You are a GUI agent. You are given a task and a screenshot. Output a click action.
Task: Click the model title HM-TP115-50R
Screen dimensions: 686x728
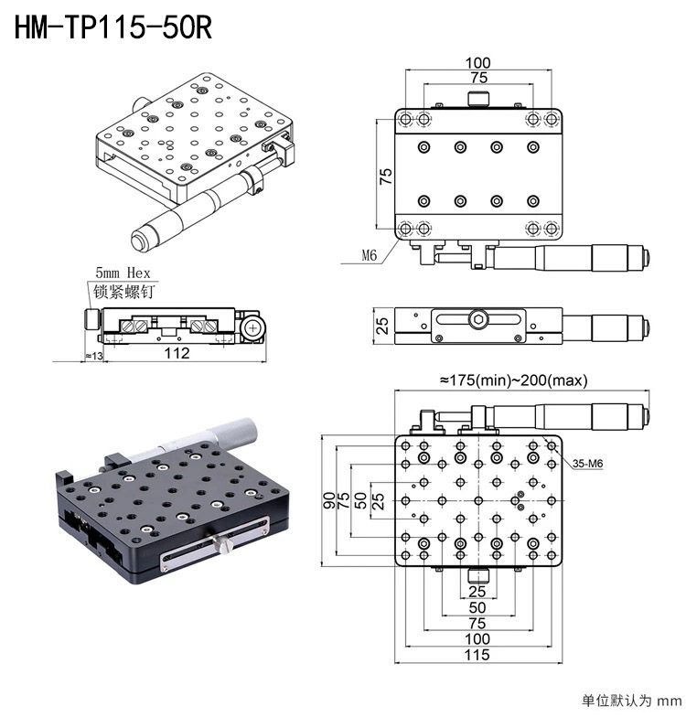[113, 27]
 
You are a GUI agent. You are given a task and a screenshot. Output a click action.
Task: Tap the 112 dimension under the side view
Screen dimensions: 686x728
[177, 353]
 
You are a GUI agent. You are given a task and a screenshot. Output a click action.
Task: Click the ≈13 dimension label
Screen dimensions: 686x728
[93, 356]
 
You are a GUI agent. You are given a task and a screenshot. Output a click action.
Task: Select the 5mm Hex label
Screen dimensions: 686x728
[123, 273]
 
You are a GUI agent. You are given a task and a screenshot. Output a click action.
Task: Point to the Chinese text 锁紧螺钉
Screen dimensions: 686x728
[123, 292]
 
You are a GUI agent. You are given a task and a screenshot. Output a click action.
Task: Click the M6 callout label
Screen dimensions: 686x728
[370, 255]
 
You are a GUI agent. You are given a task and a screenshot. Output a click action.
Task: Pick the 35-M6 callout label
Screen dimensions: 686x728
[587, 463]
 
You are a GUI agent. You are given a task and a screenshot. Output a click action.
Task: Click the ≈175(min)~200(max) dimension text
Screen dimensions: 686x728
[514, 380]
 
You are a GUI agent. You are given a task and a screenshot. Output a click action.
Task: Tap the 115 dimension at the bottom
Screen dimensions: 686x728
[477, 655]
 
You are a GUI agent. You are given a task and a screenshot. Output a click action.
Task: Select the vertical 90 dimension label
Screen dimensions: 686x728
[329, 500]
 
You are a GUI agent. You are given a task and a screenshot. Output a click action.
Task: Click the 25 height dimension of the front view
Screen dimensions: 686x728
[382, 326]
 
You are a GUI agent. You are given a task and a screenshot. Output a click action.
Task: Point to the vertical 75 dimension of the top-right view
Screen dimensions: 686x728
[385, 177]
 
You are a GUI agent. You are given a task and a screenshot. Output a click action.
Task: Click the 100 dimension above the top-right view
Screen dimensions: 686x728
[478, 63]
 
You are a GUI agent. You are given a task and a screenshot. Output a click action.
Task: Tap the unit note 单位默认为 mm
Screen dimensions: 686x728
[631, 701]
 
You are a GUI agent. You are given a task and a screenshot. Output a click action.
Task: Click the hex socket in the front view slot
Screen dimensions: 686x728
[478, 319]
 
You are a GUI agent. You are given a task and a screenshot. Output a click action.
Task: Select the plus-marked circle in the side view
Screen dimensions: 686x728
[252, 328]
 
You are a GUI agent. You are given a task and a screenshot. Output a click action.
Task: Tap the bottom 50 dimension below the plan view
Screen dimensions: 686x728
[477, 607]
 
